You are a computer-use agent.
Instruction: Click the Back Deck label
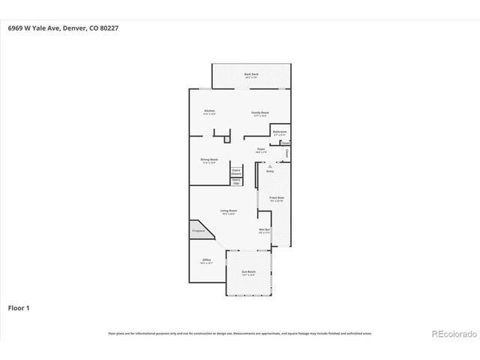[250, 74]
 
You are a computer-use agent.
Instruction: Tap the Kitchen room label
[209, 112]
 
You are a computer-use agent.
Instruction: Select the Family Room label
[260, 112]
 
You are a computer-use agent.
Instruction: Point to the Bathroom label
[280, 131]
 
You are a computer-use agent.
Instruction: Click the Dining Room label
[209, 160]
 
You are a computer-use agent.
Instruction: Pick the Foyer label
[261, 150]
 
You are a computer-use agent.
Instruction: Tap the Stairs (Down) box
[235, 172]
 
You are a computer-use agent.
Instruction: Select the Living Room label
[229, 211]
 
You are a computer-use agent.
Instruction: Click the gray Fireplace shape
[199, 231]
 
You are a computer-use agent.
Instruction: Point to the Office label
[206, 260]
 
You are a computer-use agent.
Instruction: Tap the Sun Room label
[249, 273]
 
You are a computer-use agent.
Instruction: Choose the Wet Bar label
[264, 230]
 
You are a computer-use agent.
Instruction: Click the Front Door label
[276, 198]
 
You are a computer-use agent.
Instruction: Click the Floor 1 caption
[18, 307]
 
